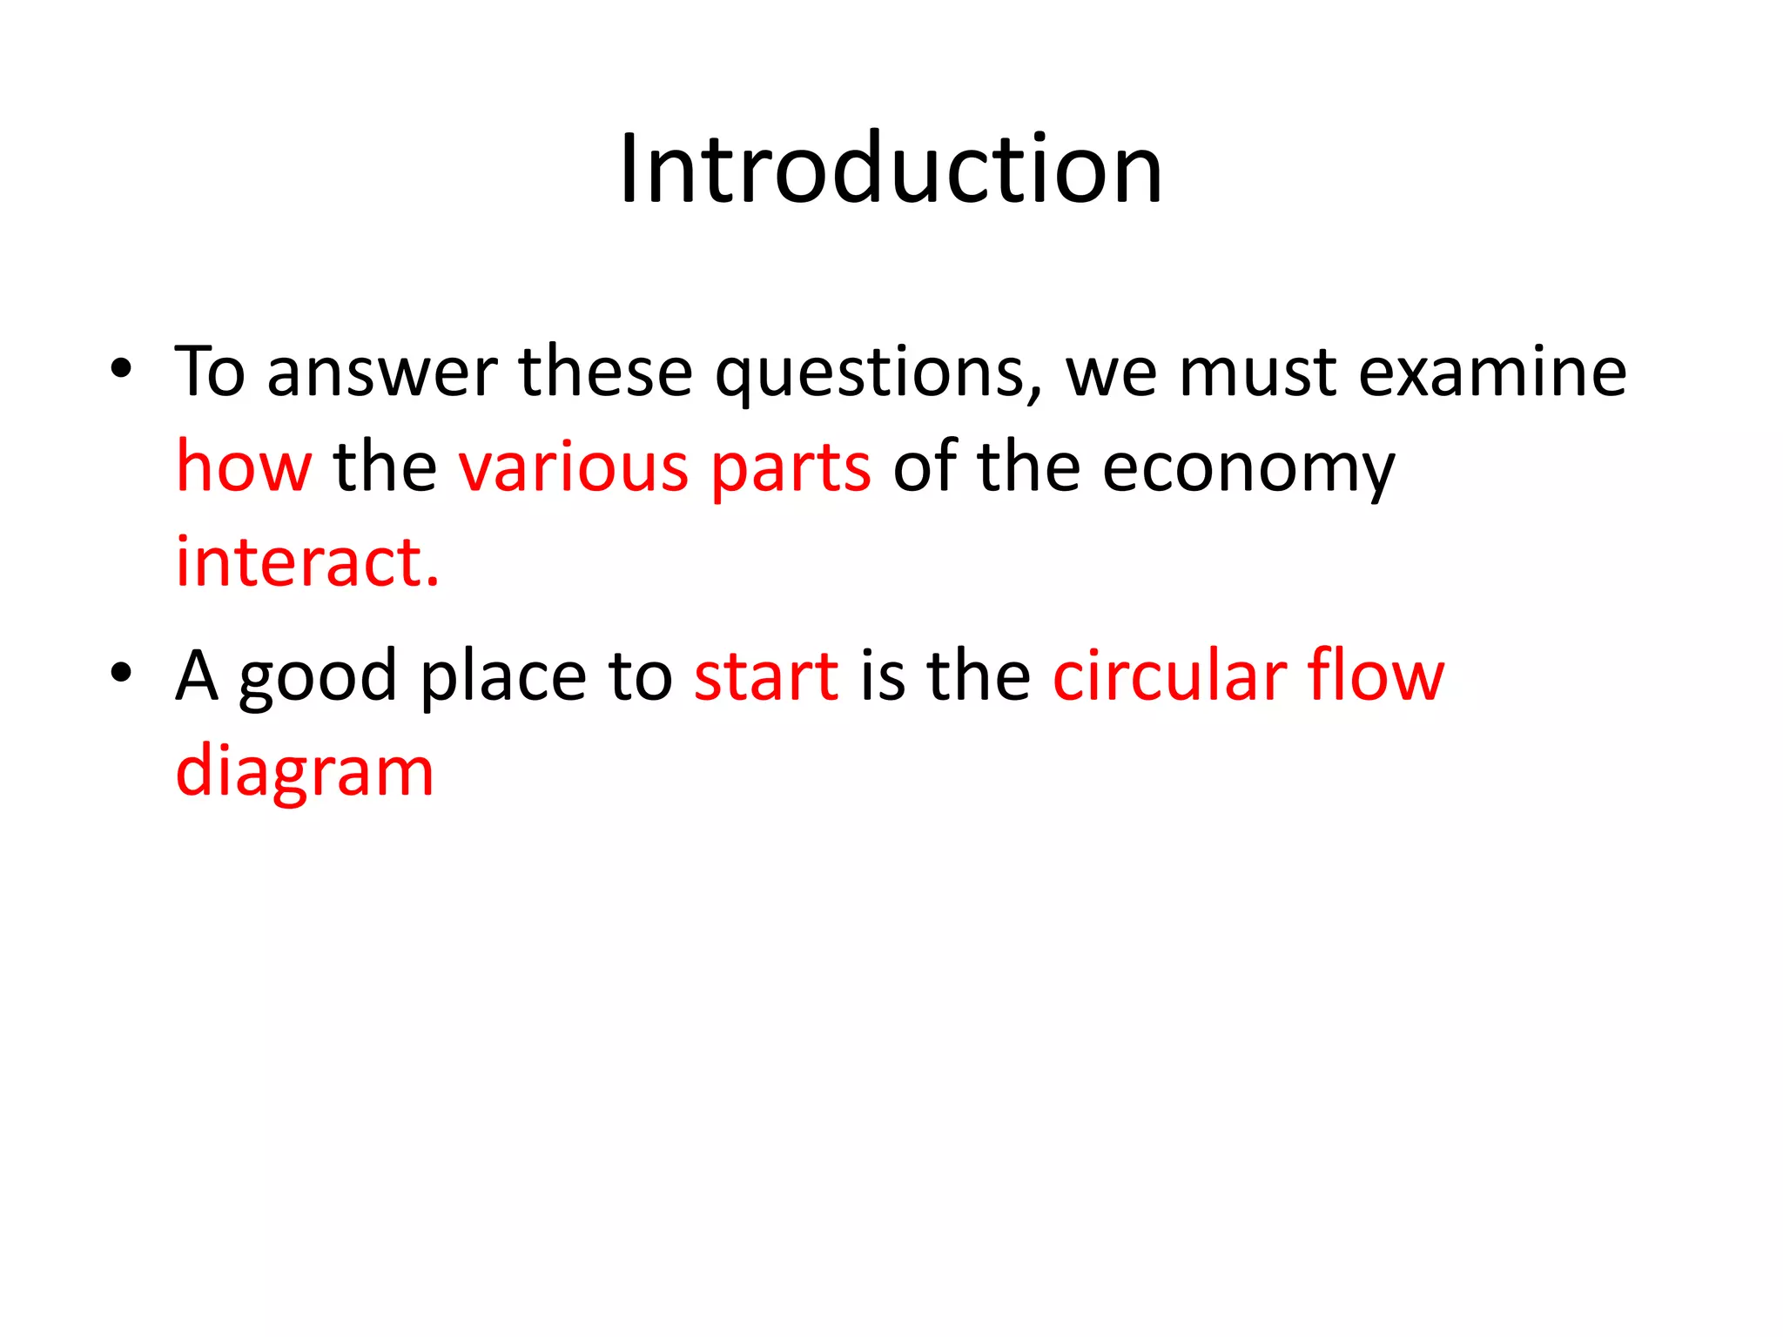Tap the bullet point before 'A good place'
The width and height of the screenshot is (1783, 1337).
pos(121,672)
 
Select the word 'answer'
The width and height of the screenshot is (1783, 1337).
pos(381,373)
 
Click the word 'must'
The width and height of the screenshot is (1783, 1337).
pos(1257,373)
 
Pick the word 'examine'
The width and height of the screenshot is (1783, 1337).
pos(1492,373)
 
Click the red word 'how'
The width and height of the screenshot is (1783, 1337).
pos(244,467)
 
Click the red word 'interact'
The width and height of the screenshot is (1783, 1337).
pos(300,561)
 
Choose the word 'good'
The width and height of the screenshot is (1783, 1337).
pos(319,677)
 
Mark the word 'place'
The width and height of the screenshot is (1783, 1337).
pos(503,677)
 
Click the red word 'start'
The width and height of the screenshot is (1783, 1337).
pos(766,677)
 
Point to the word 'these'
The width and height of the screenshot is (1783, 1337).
pos(606,373)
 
